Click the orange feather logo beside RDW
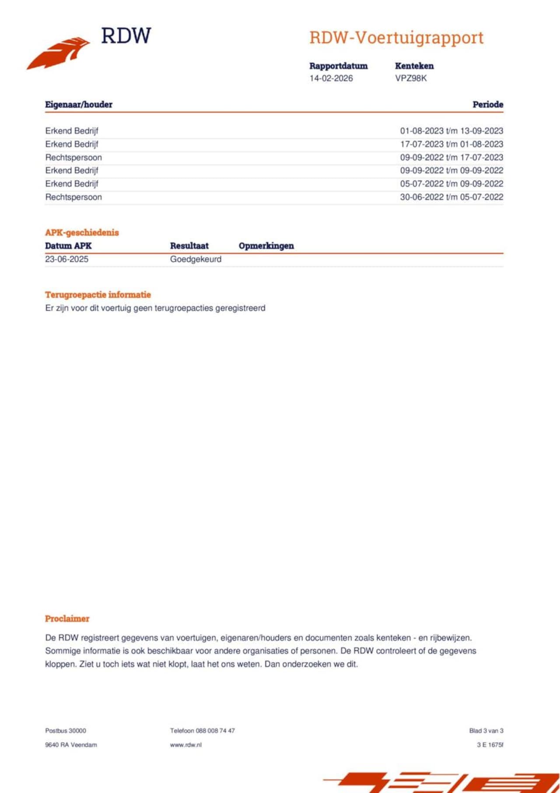(x=59, y=53)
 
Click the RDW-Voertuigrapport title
(x=396, y=38)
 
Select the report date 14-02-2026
(x=331, y=78)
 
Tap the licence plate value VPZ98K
(x=411, y=78)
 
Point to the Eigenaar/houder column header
(x=79, y=105)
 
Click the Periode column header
(x=487, y=105)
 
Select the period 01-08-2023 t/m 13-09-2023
(x=451, y=131)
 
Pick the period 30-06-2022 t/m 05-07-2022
(x=451, y=197)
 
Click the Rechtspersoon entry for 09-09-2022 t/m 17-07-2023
(x=73, y=158)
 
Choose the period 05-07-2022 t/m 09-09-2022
(x=451, y=184)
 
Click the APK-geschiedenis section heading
(x=82, y=232)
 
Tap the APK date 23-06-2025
(x=66, y=259)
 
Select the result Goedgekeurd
(x=196, y=259)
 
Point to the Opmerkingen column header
(x=266, y=246)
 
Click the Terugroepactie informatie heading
(x=98, y=295)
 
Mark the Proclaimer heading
(x=67, y=618)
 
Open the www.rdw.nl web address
(x=185, y=744)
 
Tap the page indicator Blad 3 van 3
(x=486, y=730)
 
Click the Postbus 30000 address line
(x=66, y=730)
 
